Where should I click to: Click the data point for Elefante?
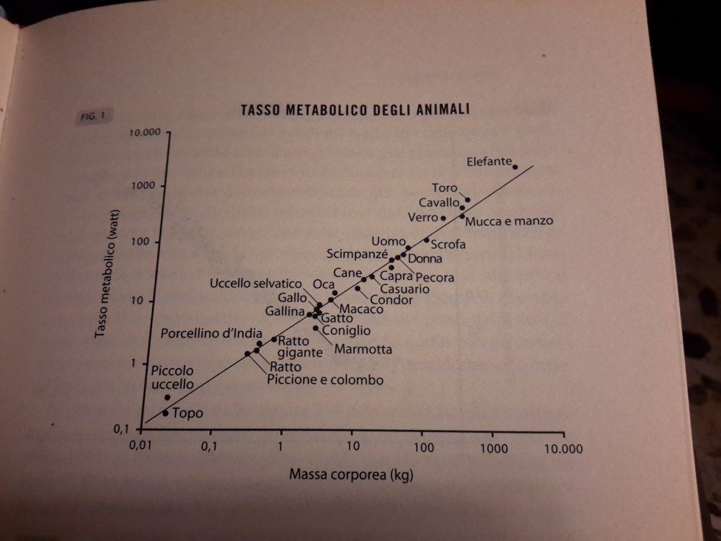coord(515,167)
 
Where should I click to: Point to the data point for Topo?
coord(165,413)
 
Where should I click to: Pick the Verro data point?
coord(443,218)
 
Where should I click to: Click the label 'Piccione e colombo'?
coord(324,380)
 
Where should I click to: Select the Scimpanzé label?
coord(357,255)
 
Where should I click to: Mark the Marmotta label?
coord(363,350)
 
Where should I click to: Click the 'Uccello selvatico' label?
coord(255,284)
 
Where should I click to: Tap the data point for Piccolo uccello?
coord(167,397)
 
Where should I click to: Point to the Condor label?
coord(392,300)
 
